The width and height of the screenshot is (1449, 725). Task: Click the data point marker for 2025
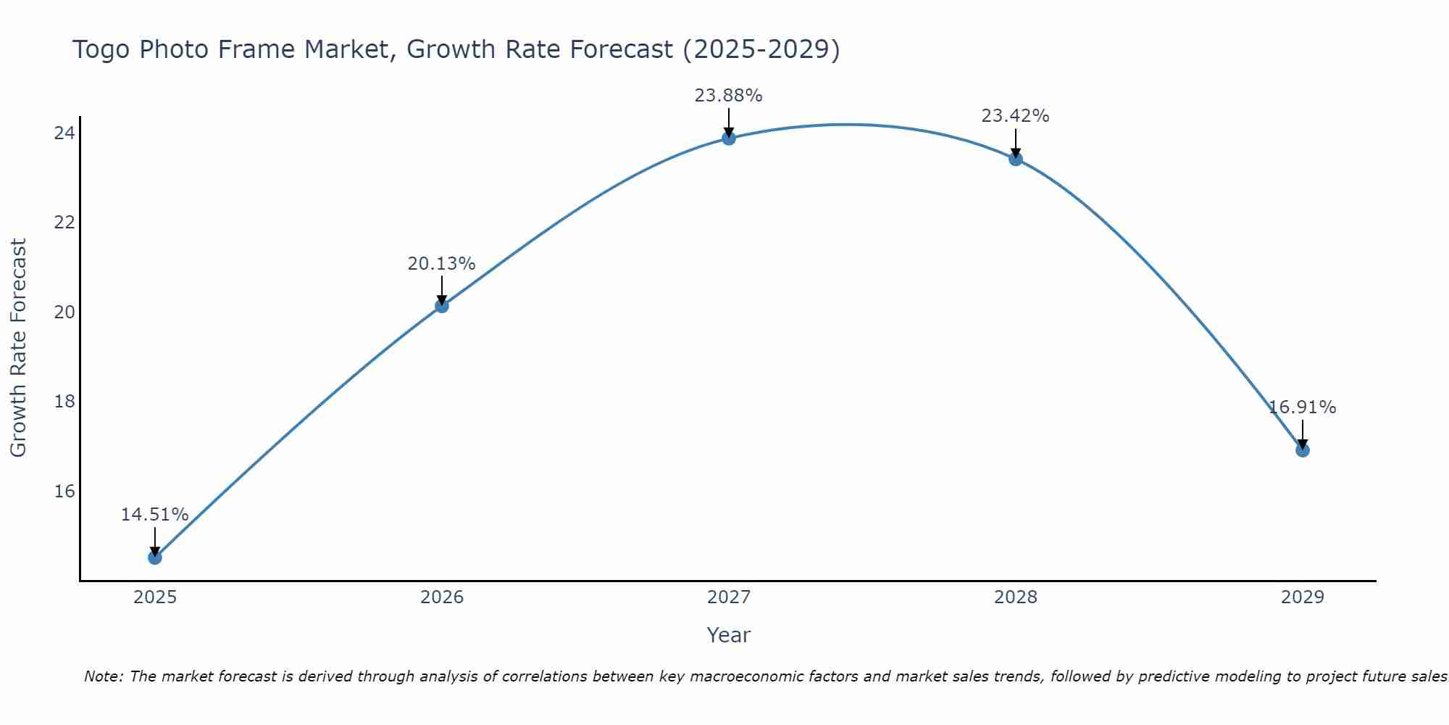point(154,557)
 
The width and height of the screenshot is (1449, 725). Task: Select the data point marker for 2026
point(441,306)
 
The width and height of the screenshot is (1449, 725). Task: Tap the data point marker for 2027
point(728,138)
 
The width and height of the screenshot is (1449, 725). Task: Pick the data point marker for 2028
point(1015,159)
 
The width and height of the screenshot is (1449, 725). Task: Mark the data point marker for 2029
point(1302,450)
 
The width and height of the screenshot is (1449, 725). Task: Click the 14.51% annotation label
point(154,515)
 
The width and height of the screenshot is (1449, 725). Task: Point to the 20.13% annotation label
point(441,264)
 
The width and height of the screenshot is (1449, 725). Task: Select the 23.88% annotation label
point(728,96)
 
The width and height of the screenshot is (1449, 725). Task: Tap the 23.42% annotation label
point(1015,116)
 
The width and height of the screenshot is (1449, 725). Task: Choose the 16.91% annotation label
point(1302,407)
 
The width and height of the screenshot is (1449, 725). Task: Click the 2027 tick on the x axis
point(728,597)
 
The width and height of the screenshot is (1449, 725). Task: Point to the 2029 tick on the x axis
point(1302,597)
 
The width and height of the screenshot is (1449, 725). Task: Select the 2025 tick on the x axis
point(155,597)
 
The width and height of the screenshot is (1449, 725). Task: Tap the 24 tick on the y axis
point(64,133)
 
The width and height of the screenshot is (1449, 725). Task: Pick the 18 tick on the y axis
point(64,402)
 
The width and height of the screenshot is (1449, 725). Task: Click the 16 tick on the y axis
point(64,492)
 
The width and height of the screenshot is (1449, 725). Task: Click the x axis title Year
point(728,635)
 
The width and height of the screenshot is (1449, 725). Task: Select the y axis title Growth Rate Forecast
point(18,347)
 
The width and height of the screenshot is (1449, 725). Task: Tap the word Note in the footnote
point(103,676)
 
